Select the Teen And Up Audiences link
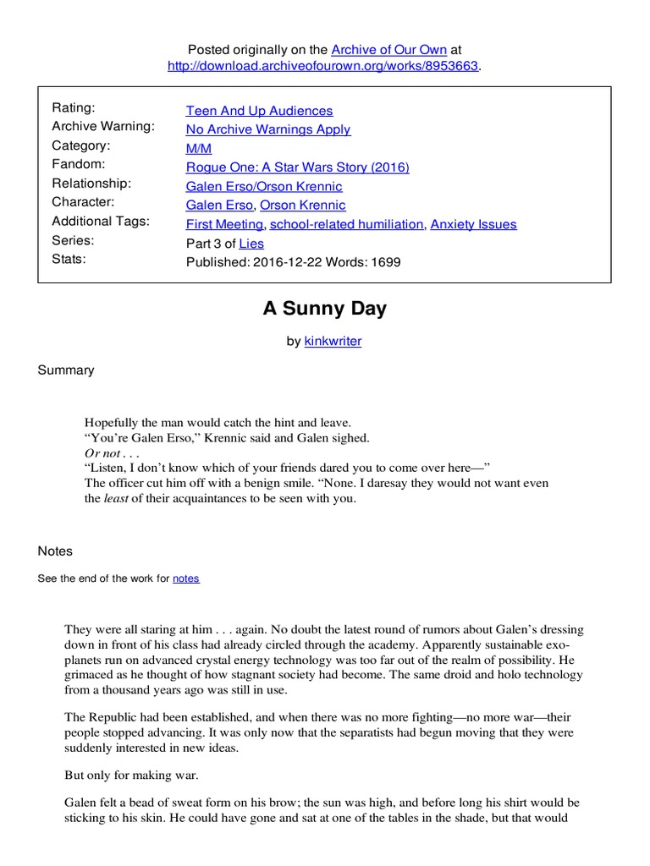(x=259, y=111)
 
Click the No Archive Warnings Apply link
(x=267, y=129)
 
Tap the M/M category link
(x=199, y=148)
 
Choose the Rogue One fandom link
(x=297, y=167)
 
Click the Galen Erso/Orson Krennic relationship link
(x=264, y=186)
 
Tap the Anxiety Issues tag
(x=473, y=224)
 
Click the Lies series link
(x=251, y=243)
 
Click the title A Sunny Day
(x=324, y=309)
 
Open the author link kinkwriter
(x=333, y=342)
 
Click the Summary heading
(x=66, y=370)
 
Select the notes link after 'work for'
(x=186, y=578)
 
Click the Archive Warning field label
(x=103, y=127)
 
